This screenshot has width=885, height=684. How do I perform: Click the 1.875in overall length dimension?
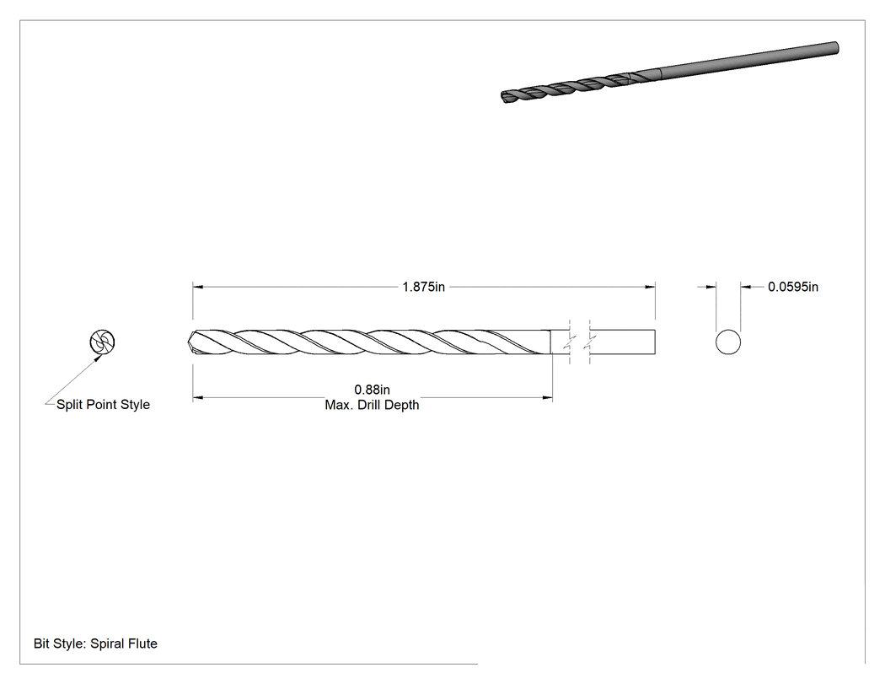pyautogui.click(x=423, y=287)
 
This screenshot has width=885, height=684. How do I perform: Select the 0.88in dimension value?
pyautogui.click(x=372, y=390)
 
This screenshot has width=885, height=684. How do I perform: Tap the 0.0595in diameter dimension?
pyautogui.click(x=792, y=287)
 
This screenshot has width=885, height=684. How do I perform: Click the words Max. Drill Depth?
pyautogui.click(x=372, y=405)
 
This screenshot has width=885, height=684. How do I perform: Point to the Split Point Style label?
pyautogui.click(x=104, y=405)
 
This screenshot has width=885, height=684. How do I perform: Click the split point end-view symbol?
pyautogui.click(x=102, y=342)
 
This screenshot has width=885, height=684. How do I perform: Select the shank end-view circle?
pyautogui.click(x=728, y=342)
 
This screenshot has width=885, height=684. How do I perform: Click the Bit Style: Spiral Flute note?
pyautogui.click(x=95, y=644)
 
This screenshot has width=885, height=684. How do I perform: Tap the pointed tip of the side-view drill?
pyautogui.click(x=189, y=342)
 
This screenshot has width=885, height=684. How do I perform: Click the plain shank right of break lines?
pyautogui.click(x=622, y=342)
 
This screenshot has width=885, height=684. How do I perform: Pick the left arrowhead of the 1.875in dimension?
pyautogui.click(x=197, y=287)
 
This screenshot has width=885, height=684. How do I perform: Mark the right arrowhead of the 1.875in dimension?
pyautogui.click(x=650, y=287)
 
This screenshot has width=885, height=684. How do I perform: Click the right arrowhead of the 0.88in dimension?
pyautogui.click(x=548, y=397)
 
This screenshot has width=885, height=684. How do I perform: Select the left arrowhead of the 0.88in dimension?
pyautogui.click(x=197, y=397)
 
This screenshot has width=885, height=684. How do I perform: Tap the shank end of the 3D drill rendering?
pyautogui.click(x=834, y=49)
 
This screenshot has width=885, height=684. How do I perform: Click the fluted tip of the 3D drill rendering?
pyautogui.click(x=505, y=97)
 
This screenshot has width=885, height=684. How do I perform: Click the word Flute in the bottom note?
pyautogui.click(x=141, y=644)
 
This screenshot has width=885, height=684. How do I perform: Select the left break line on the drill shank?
pyautogui.click(x=570, y=342)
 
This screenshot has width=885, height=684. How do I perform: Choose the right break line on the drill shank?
pyautogui.click(x=589, y=342)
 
